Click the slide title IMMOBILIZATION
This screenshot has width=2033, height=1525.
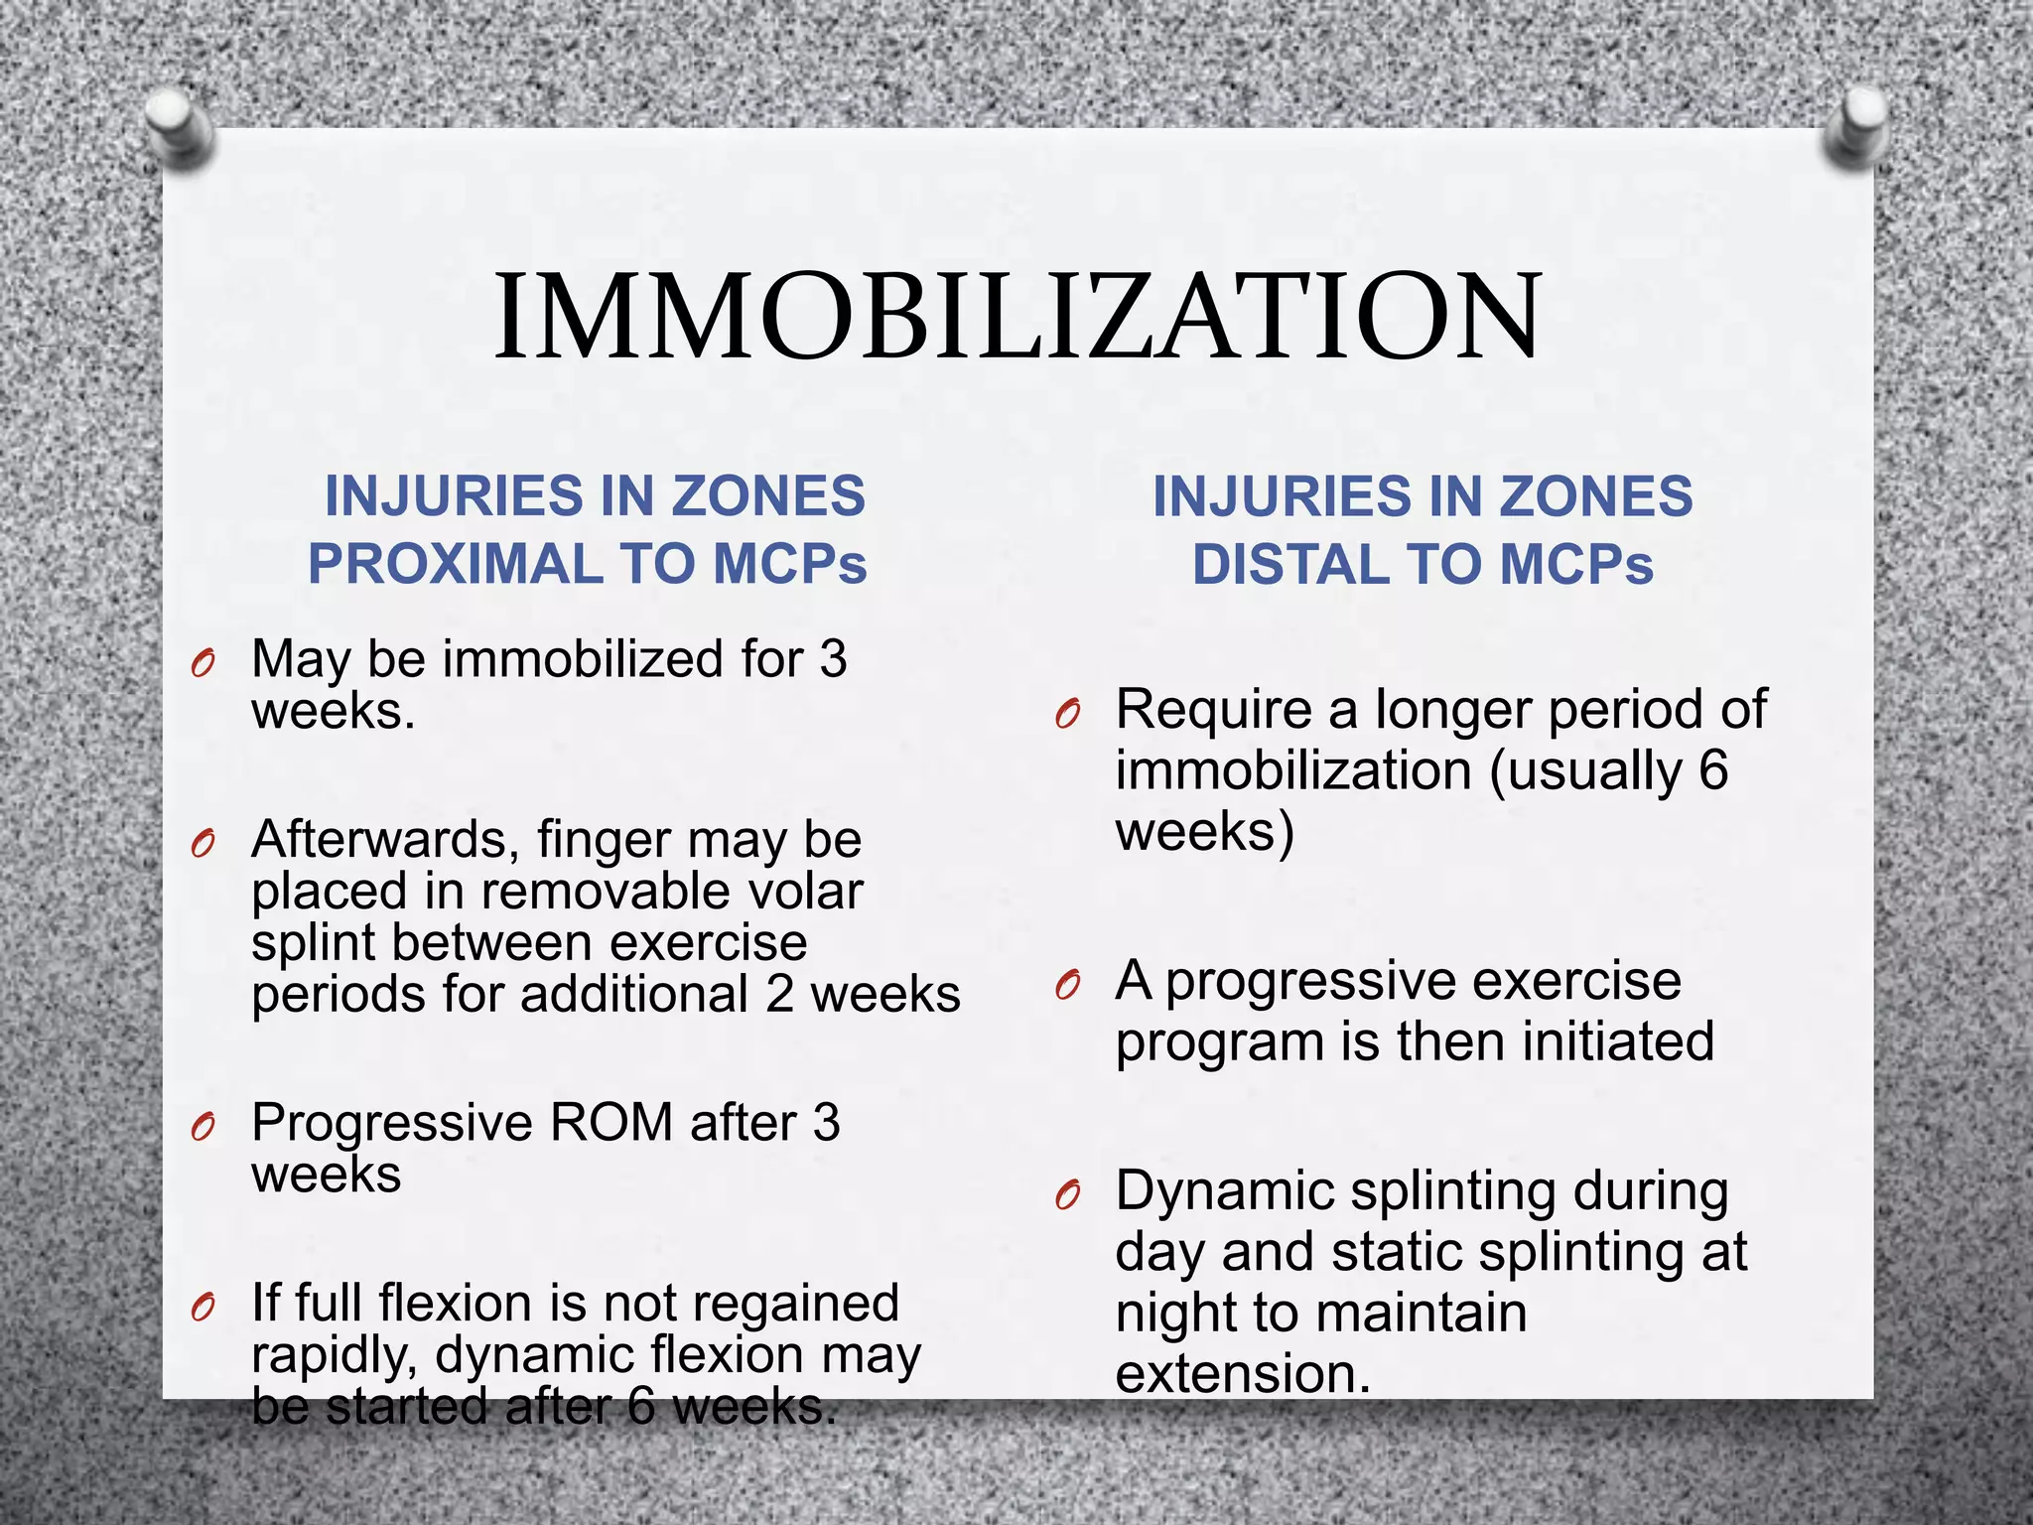tap(1016, 316)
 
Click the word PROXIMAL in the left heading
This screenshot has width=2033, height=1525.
tap(454, 564)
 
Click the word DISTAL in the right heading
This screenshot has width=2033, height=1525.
tap(1288, 564)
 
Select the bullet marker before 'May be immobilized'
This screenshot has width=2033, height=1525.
tap(203, 663)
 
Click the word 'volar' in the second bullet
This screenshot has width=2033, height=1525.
tap(805, 891)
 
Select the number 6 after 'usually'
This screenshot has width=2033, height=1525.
tap(1712, 770)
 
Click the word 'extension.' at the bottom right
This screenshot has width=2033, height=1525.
tap(1242, 1374)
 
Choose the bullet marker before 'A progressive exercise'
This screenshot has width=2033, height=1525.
tap(1067, 985)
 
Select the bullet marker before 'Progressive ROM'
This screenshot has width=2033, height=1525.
tap(203, 1128)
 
